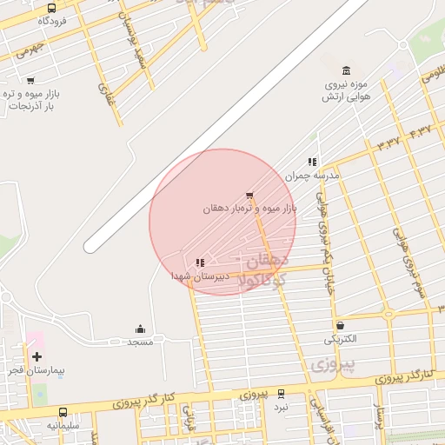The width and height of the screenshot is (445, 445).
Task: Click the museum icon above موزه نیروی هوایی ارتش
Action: point(347,70)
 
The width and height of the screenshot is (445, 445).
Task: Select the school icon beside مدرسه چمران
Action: point(312,162)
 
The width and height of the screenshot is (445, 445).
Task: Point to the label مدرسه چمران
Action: point(312,176)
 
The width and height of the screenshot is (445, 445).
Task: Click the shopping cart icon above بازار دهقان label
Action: point(250,196)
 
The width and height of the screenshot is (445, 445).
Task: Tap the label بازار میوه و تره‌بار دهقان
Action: point(250,209)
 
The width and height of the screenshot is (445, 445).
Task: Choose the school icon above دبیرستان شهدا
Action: point(200,262)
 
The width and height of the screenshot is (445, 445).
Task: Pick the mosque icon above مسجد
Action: point(140,329)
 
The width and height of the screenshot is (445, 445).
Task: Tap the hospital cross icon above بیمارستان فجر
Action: point(37,356)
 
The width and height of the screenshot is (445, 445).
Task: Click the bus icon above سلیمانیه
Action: point(63,412)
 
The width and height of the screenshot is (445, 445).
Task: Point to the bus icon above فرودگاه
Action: point(51,9)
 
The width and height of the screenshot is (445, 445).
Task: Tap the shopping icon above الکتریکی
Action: point(340,326)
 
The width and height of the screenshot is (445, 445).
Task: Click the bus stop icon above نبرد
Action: point(280,394)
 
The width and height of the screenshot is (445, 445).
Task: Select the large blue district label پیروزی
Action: point(334,364)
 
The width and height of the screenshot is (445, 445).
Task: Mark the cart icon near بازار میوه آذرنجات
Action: point(30,81)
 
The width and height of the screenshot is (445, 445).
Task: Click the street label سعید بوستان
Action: point(140,49)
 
